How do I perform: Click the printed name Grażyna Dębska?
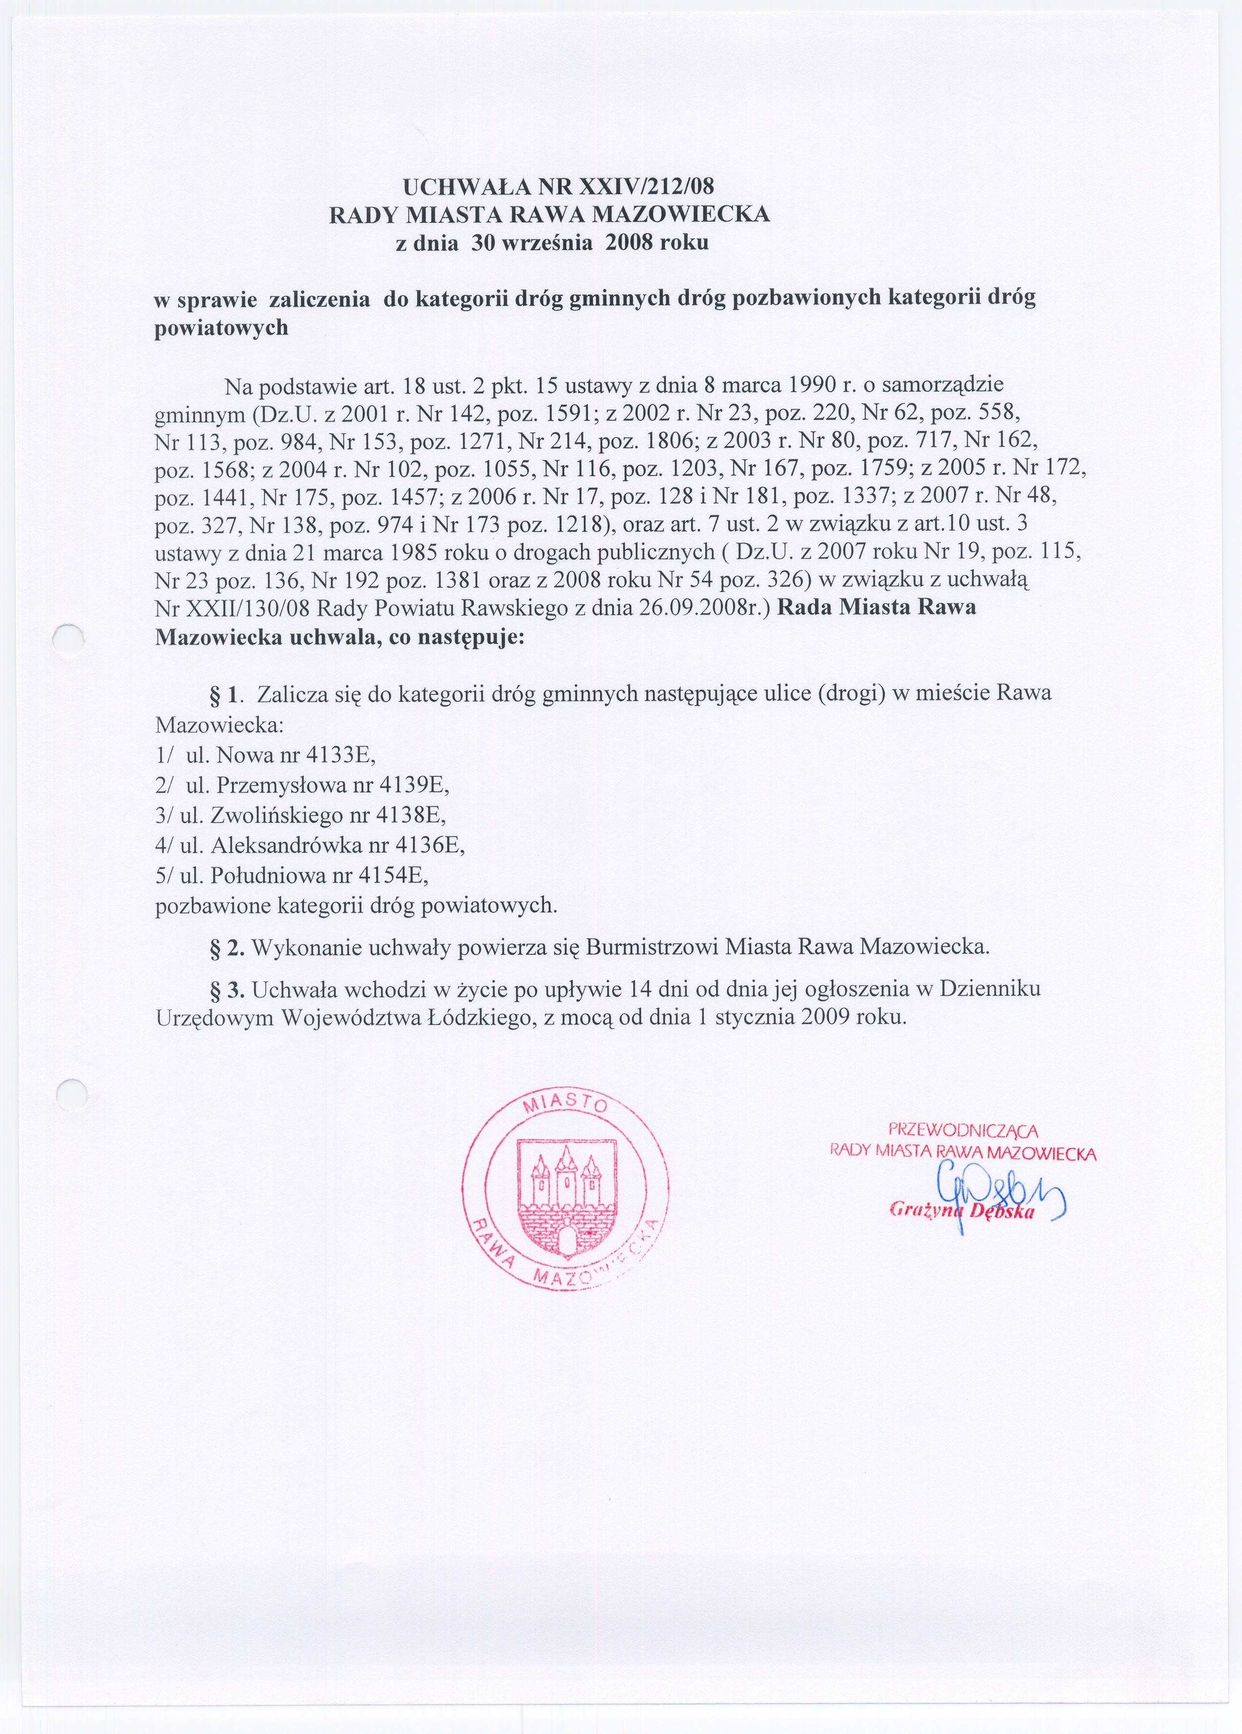pos(963,1212)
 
